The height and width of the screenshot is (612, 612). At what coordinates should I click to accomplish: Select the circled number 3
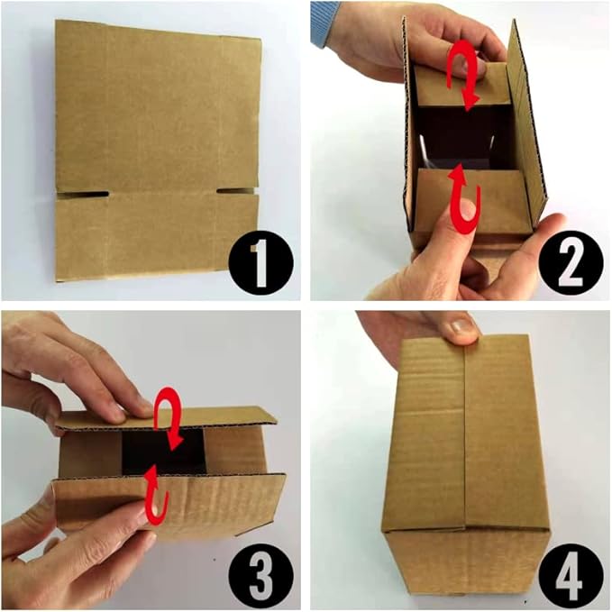pos(260,569)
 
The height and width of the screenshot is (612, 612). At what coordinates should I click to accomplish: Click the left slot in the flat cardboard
pos(83,193)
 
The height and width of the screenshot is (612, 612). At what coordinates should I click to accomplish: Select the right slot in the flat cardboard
pos(236,191)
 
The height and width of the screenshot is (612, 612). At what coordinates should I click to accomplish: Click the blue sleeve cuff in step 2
pos(324,23)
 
